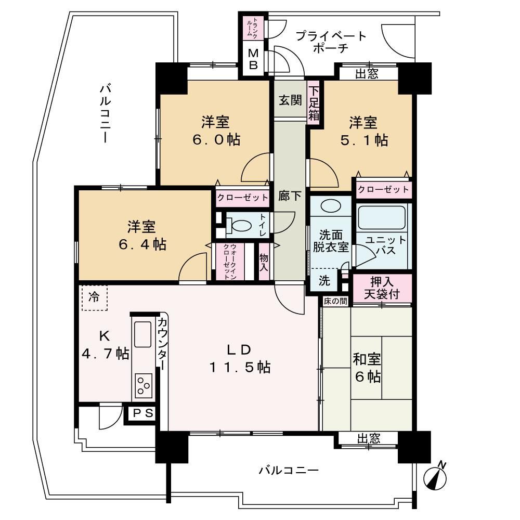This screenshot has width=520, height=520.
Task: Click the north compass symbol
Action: click(x=435, y=476)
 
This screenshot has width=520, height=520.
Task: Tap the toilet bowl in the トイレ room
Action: click(x=240, y=226)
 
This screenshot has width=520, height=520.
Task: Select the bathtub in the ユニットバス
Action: click(x=382, y=217)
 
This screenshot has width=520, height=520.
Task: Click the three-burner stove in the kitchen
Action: click(x=144, y=385)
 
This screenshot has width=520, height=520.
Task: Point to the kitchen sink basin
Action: click(x=143, y=334)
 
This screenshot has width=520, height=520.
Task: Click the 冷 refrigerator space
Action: click(x=95, y=297)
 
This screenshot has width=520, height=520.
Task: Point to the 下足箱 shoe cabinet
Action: click(x=314, y=103)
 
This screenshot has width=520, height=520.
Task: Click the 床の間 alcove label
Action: click(x=335, y=301)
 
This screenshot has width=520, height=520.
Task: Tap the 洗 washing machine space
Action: click(x=324, y=281)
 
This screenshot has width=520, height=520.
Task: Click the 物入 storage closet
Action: click(x=264, y=262)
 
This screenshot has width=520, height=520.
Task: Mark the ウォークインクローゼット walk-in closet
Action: click(x=230, y=262)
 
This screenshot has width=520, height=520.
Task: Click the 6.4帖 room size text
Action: click(x=142, y=244)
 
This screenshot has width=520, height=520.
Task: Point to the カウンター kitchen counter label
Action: click(x=162, y=343)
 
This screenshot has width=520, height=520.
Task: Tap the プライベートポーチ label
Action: click(x=331, y=42)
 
